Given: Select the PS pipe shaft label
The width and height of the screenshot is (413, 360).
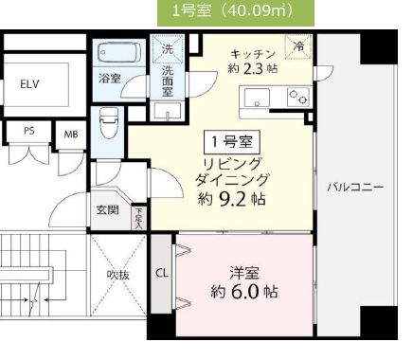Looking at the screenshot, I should coord(28,132).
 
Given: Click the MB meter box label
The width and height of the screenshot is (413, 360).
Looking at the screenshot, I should coord(70,133).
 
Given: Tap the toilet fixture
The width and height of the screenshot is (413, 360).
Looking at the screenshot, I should coord(109,120).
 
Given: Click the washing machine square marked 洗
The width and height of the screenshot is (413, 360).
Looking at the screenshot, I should coord(167,47).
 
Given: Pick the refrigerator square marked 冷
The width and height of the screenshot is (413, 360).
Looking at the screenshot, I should coord(298,45).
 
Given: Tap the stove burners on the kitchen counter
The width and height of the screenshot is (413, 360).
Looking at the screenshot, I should coord(298,94).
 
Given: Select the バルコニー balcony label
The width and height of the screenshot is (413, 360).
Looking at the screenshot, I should coord(355,186).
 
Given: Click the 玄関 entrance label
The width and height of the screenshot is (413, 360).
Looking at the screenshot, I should coord(107,211).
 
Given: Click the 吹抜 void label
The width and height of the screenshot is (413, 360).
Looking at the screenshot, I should coord(118,275).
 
